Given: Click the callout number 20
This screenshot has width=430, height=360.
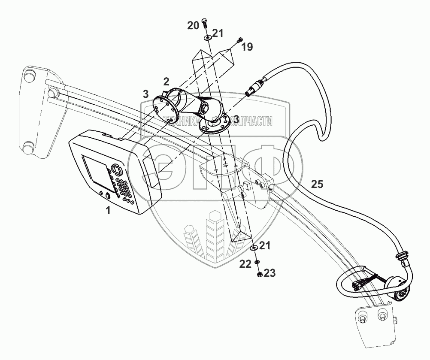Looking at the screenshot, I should [193, 25].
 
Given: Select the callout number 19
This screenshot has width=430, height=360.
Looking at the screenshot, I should [247, 47].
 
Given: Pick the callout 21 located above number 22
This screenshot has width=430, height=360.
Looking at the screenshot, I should [265, 245].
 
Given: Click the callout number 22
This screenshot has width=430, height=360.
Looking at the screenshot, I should [245, 264].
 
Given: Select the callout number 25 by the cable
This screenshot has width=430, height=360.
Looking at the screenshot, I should [317, 185].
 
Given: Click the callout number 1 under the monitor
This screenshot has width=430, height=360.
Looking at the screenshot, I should [108, 211].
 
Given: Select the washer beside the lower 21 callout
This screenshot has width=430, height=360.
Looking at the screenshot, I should [254, 248].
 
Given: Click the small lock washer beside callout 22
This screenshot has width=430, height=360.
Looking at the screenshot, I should [256, 263].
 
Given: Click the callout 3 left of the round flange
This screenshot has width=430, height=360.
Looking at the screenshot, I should [145, 94].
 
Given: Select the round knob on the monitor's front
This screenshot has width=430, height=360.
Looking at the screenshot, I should [108, 195].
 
